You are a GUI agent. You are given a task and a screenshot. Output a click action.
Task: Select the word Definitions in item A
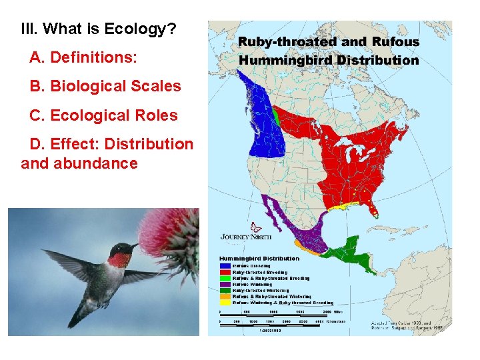[x=93, y=58]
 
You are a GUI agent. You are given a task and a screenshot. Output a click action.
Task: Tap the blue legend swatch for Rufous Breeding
[x=225, y=265]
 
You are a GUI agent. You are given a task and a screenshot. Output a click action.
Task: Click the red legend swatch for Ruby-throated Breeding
[x=225, y=272]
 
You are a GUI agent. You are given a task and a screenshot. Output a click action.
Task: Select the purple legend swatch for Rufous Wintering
[x=225, y=284]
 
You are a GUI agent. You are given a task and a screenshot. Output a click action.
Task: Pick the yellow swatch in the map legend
[x=225, y=302]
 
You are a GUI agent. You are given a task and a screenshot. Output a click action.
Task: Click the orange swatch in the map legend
[x=225, y=296]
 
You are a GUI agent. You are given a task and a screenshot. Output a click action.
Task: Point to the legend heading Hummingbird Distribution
[x=260, y=258]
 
